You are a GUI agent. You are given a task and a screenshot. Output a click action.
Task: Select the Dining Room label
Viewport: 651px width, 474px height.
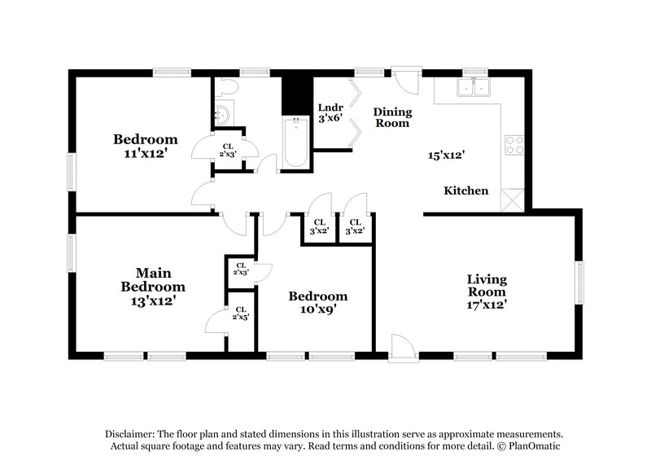392,117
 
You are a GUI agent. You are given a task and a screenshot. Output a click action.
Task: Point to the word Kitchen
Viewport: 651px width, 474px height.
466,191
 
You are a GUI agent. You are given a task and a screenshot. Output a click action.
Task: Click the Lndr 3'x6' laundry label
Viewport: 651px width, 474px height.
330,112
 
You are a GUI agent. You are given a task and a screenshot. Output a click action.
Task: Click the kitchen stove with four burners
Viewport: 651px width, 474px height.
514,145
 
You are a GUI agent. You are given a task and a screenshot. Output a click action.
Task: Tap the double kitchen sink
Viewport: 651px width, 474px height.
474,88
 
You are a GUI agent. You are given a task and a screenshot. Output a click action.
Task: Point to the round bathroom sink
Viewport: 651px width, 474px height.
221,115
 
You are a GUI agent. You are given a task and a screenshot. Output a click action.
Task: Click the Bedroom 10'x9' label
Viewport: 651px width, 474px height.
317,302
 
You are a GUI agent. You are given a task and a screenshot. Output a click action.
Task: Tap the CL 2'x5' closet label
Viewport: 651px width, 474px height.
241,314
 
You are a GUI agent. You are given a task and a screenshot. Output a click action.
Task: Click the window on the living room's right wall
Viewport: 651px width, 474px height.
580,283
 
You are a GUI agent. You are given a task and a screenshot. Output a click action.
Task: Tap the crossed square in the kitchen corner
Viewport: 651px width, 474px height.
512,200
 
